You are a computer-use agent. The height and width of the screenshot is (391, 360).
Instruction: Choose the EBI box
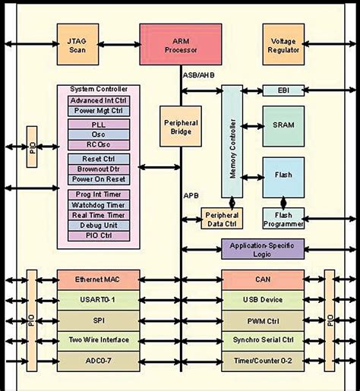(283, 90)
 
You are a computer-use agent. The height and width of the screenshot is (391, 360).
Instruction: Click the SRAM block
(283, 121)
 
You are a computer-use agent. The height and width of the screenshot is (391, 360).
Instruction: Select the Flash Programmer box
(283, 219)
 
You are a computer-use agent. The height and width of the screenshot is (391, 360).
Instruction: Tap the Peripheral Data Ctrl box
(220, 219)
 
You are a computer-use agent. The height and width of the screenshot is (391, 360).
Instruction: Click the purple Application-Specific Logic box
(262, 249)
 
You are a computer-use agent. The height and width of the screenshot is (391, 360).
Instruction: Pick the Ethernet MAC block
(97, 279)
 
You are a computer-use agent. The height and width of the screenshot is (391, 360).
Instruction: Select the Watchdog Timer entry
(99, 205)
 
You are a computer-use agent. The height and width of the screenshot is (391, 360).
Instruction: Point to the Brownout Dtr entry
(99, 169)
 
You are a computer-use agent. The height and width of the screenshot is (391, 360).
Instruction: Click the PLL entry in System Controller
(99, 124)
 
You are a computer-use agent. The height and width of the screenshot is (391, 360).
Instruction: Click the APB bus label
(191, 196)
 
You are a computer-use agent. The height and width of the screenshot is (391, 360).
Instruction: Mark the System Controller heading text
(99, 89)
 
